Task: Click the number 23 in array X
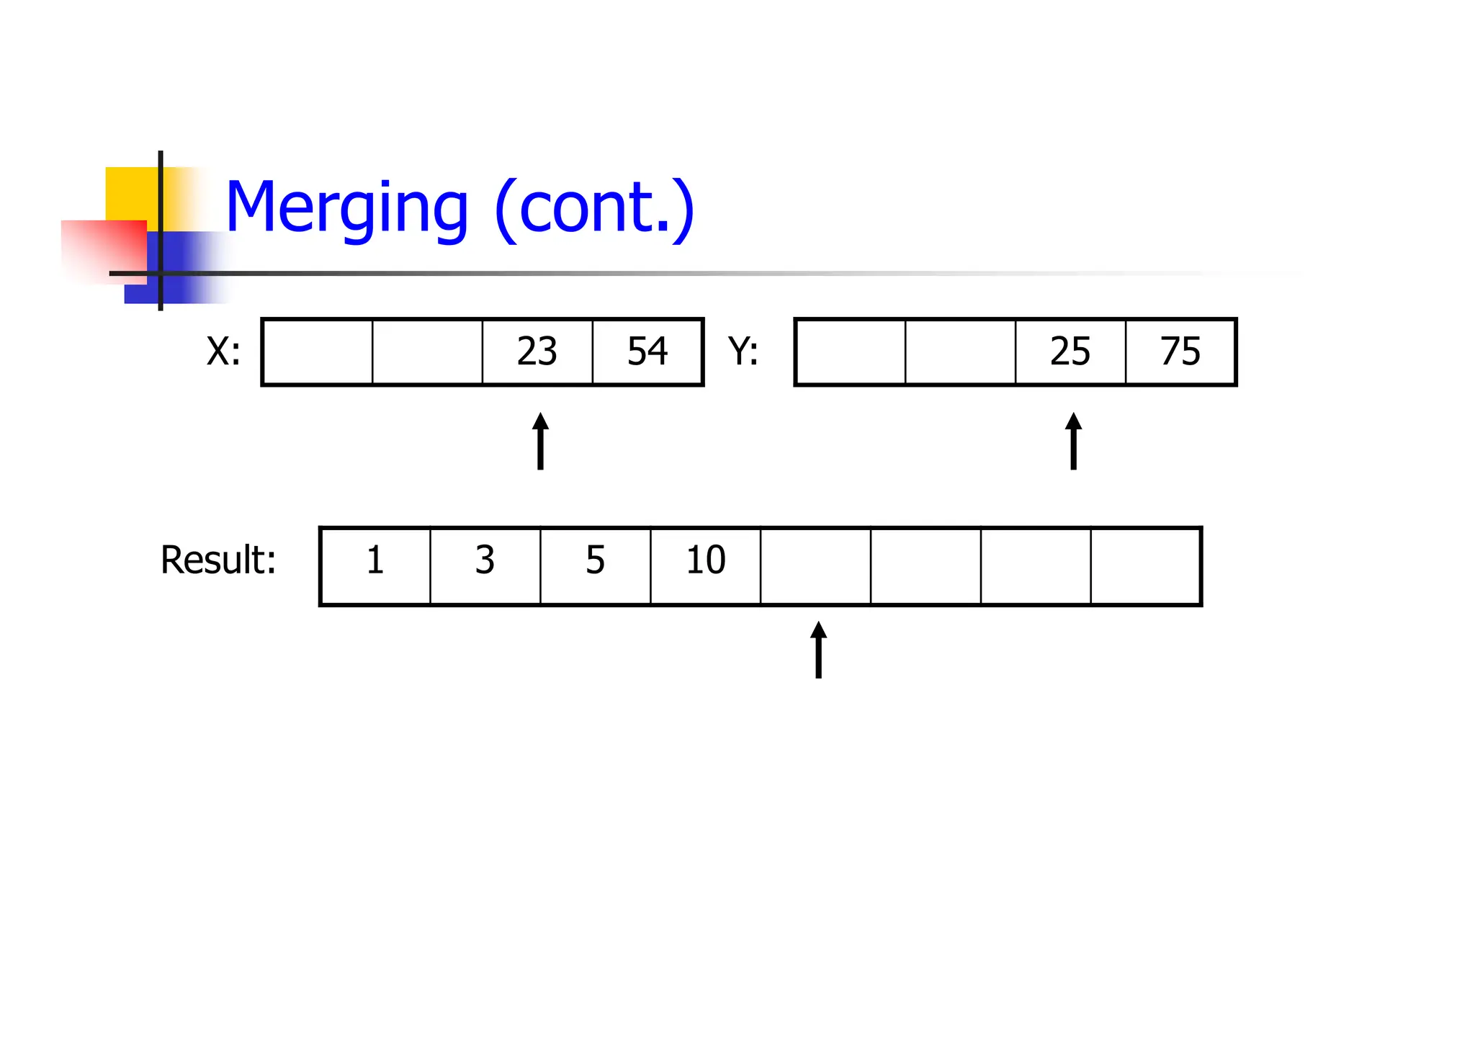(537, 352)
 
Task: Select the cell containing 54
(647, 352)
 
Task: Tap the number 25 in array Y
(1070, 352)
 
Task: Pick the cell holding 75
(1180, 352)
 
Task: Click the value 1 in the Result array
(375, 560)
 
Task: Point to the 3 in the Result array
(485, 560)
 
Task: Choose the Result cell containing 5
(595, 560)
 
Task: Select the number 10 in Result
(706, 560)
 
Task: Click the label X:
(224, 352)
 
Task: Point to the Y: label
(743, 352)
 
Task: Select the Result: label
(218, 560)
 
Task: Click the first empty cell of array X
(318, 352)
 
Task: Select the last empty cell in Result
(1146, 566)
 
